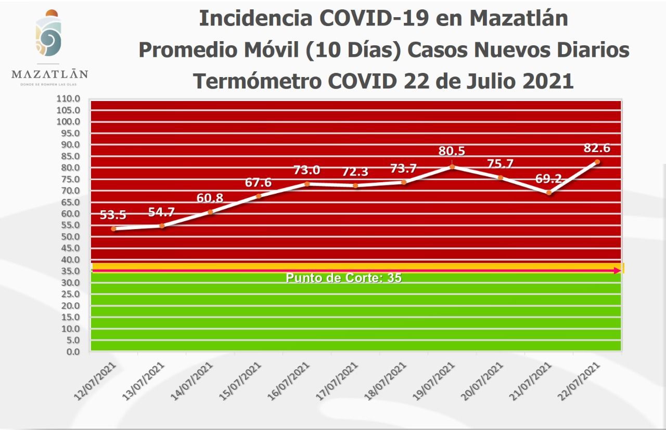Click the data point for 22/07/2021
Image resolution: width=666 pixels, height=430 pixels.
pos(597,162)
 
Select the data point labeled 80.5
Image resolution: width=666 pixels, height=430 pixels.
pos(452,167)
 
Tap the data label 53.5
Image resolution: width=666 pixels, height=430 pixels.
pos(113,216)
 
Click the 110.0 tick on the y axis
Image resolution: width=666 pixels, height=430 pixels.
pos(69,98)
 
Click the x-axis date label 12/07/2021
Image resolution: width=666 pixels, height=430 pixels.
pos(95,380)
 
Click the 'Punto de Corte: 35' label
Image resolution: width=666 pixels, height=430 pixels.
pos(343,278)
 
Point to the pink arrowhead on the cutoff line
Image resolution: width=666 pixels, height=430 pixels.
pos(618,271)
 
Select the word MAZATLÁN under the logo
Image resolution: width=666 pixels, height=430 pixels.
pos(50,74)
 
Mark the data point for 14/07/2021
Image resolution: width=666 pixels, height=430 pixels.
pos(210,212)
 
